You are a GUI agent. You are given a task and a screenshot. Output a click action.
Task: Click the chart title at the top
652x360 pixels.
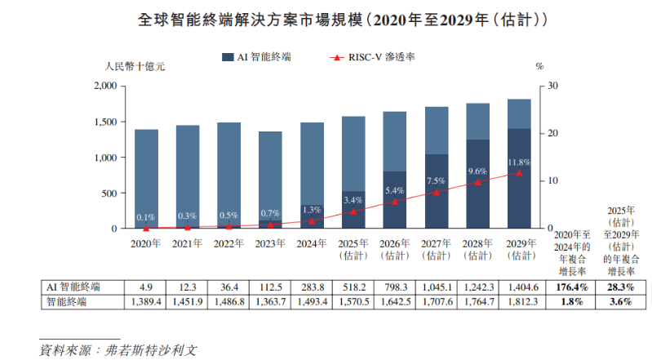[326, 18]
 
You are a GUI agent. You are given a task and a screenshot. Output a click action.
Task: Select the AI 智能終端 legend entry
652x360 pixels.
[257, 57]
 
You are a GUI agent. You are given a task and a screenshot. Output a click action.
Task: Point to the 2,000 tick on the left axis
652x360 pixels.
[105, 86]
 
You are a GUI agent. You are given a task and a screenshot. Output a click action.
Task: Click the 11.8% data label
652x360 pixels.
[519, 162]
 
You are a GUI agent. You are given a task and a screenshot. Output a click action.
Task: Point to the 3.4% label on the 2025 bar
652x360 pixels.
[353, 201]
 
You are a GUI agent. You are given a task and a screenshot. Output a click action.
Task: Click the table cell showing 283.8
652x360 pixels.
[311, 287]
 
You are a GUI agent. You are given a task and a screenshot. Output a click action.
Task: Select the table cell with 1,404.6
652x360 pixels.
[519, 287]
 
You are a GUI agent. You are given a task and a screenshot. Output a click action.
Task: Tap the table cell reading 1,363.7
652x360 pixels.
[268, 302]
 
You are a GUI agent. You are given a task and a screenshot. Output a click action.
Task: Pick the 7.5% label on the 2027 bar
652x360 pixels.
[435, 181]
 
